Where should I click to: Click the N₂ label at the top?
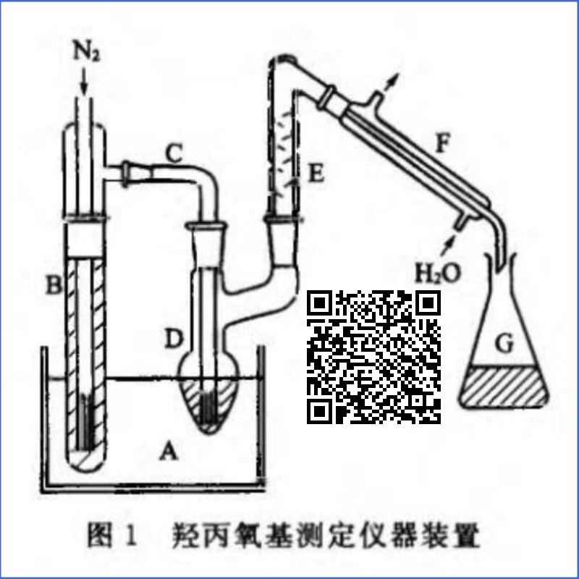pos(85,54)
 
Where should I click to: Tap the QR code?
pos(374,356)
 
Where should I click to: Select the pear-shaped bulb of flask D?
pos(210,394)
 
